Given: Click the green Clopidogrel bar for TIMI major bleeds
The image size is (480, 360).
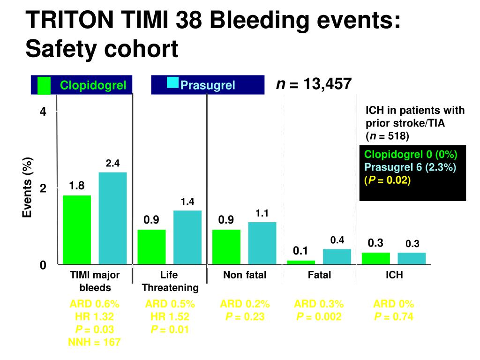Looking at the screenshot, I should point(77,230).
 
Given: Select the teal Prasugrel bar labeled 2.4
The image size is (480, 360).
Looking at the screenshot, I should point(112,218).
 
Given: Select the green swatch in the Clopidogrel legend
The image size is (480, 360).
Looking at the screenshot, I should point(44,85).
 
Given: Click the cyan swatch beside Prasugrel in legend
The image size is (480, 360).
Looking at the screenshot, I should point(173,83).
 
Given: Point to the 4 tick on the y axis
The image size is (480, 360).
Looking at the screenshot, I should point(43,112).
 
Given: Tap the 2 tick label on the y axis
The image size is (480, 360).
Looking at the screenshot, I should point(43,188).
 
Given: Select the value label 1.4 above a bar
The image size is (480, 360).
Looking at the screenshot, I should point(187,202).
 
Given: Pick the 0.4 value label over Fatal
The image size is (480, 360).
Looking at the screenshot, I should point(337,240).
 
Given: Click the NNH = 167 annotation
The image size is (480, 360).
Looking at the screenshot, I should point(95,342).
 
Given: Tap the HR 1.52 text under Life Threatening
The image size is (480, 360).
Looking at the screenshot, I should point(169,317).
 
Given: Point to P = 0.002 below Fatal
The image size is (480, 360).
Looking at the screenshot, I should point(319,317).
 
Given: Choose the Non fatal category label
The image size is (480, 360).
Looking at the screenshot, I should point(244,275).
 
